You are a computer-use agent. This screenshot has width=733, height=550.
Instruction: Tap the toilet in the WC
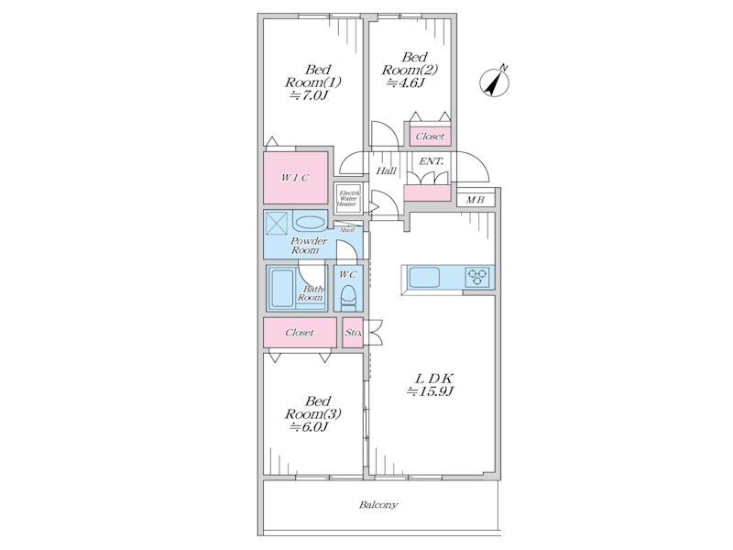[x=348, y=297]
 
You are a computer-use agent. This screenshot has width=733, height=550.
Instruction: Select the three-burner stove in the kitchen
[x=477, y=276]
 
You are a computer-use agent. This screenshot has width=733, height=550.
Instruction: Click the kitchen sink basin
[x=424, y=278]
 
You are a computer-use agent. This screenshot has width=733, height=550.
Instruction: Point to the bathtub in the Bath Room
[x=282, y=289]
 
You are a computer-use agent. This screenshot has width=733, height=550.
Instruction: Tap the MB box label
[x=475, y=200]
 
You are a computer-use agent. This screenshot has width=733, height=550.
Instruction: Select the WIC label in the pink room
[x=295, y=178]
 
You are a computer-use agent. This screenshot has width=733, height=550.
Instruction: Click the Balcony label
[x=378, y=505]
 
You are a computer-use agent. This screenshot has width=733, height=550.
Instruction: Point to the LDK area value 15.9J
[x=430, y=391]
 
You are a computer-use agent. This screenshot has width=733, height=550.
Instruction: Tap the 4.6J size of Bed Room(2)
[x=405, y=82]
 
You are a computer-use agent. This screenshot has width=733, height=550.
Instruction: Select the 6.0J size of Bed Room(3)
[x=310, y=426]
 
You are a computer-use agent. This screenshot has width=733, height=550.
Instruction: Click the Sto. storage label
[x=353, y=333]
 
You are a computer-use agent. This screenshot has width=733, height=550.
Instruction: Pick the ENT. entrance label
[x=431, y=161]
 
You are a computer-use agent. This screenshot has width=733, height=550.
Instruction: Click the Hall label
[x=386, y=171]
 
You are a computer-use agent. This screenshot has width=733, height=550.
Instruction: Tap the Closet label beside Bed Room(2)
[x=430, y=137]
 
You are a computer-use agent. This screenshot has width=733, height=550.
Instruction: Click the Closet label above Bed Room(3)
[x=300, y=333]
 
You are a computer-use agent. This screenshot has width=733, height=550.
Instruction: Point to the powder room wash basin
[x=310, y=223]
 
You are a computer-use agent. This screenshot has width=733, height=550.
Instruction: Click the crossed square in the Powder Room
[x=277, y=222]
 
